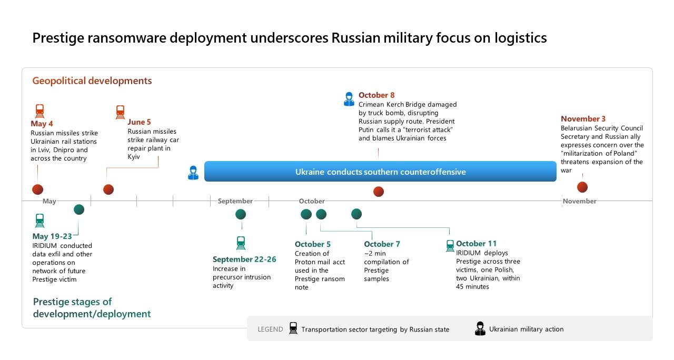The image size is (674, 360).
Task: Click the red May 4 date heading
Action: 42,124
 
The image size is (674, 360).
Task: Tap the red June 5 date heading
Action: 139,122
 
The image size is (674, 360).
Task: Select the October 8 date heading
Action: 376,95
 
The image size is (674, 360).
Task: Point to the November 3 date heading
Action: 583,119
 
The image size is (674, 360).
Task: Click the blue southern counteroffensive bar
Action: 380,172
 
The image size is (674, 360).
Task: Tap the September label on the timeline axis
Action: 235,201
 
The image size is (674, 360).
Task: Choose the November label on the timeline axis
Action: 580,201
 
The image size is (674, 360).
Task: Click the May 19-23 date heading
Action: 52,236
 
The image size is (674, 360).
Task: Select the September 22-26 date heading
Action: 244,259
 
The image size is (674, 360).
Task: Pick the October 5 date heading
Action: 313,244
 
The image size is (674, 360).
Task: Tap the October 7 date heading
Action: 382,244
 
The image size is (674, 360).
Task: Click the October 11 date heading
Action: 477,243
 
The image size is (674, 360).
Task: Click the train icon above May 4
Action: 39,111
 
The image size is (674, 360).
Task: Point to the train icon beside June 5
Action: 121,112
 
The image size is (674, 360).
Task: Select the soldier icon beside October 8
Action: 349,99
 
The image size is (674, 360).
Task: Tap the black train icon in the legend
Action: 293,328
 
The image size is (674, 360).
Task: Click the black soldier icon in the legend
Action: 480,328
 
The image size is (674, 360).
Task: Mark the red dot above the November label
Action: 582,187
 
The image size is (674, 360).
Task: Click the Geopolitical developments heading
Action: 92,81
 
